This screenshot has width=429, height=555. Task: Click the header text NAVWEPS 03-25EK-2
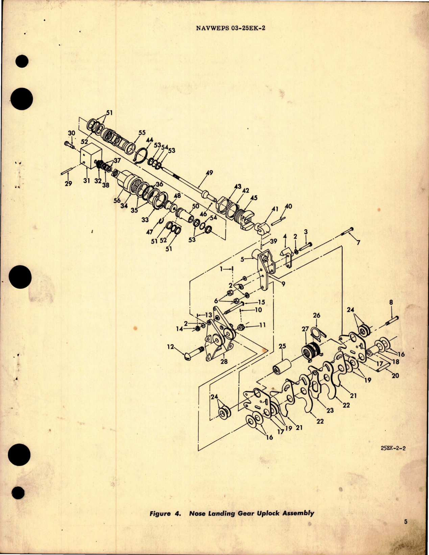[x=231, y=28]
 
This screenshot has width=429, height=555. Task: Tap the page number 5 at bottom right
[x=405, y=531]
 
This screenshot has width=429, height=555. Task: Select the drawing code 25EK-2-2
[x=393, y=449]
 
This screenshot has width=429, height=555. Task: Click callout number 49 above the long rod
[x=209, y=173]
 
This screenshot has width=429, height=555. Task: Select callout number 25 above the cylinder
[x=282, y=347]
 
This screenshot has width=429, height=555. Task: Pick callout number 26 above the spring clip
[x=316, y=315]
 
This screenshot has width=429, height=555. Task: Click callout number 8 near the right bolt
[x=391, y=303]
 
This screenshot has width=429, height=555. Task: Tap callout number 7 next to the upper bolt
[x=358, y=243]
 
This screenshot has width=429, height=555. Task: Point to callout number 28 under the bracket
[x=224, y=361]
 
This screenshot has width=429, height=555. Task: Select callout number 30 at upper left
[x=71, y=133]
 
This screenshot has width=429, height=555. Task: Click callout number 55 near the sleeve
[x=142, y=132]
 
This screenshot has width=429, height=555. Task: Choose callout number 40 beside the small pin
[x=288, y=206]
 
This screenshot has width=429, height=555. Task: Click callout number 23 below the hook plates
[x=330, y=410]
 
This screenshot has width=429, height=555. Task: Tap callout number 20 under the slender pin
[x=395, y=375]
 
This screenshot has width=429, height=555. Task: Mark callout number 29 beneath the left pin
[x=68, y=184]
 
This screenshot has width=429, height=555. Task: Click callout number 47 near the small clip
[x=150, y=232]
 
